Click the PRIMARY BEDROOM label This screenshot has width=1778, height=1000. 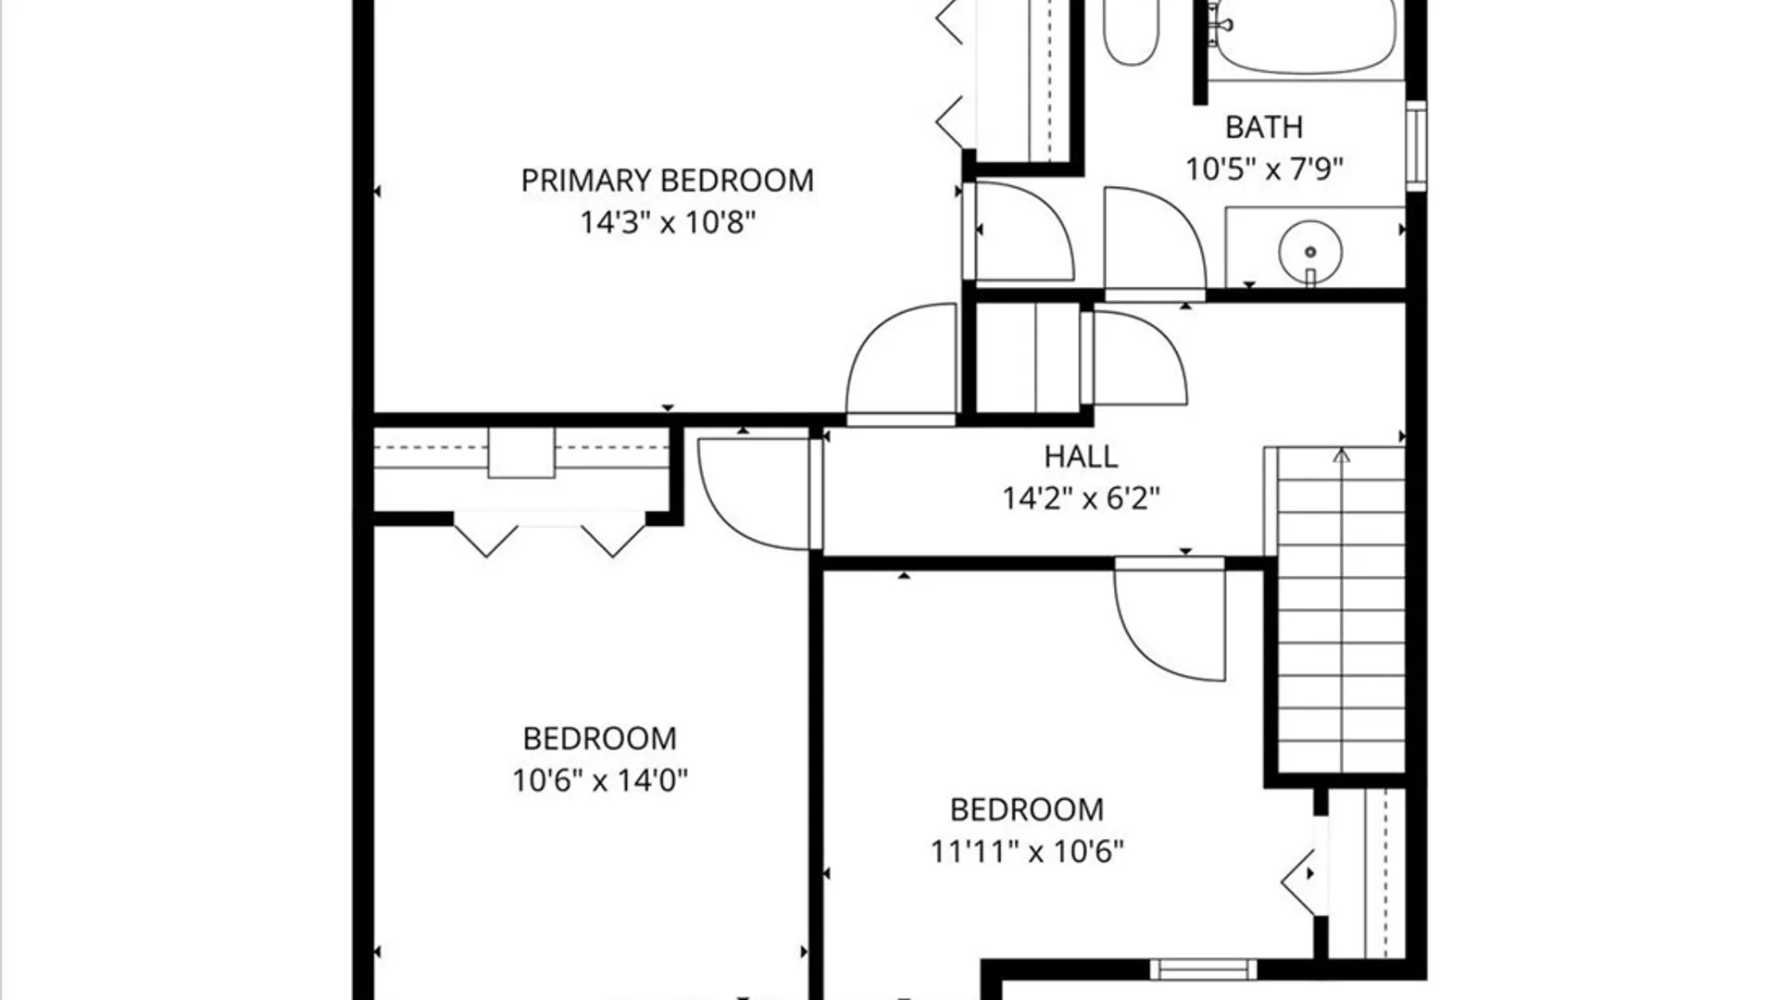tap(667, 180)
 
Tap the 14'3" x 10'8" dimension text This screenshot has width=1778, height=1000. tap(668, 222)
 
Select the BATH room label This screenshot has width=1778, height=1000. tap(1264, 127)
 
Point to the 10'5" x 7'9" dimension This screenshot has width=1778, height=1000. tap(1264, 169)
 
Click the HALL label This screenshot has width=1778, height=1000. tap(1081, 456)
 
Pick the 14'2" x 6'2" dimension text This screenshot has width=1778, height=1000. tap(1081, 499)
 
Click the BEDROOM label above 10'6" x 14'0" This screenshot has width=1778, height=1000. tap(599, 738)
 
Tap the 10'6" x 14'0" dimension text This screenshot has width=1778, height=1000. tap(600, 781)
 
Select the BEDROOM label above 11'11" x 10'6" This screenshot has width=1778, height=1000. tap(1027, 809)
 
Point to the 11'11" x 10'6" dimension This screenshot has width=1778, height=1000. tap(1027, 851)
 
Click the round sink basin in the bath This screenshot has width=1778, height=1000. tap(1310, 251)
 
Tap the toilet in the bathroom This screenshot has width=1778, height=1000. tap(1131, 31)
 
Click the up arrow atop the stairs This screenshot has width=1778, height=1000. tap(1341, 455)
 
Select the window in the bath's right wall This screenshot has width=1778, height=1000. tap(1416, 146)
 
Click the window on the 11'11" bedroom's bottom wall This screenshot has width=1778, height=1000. tap(1203, 969)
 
